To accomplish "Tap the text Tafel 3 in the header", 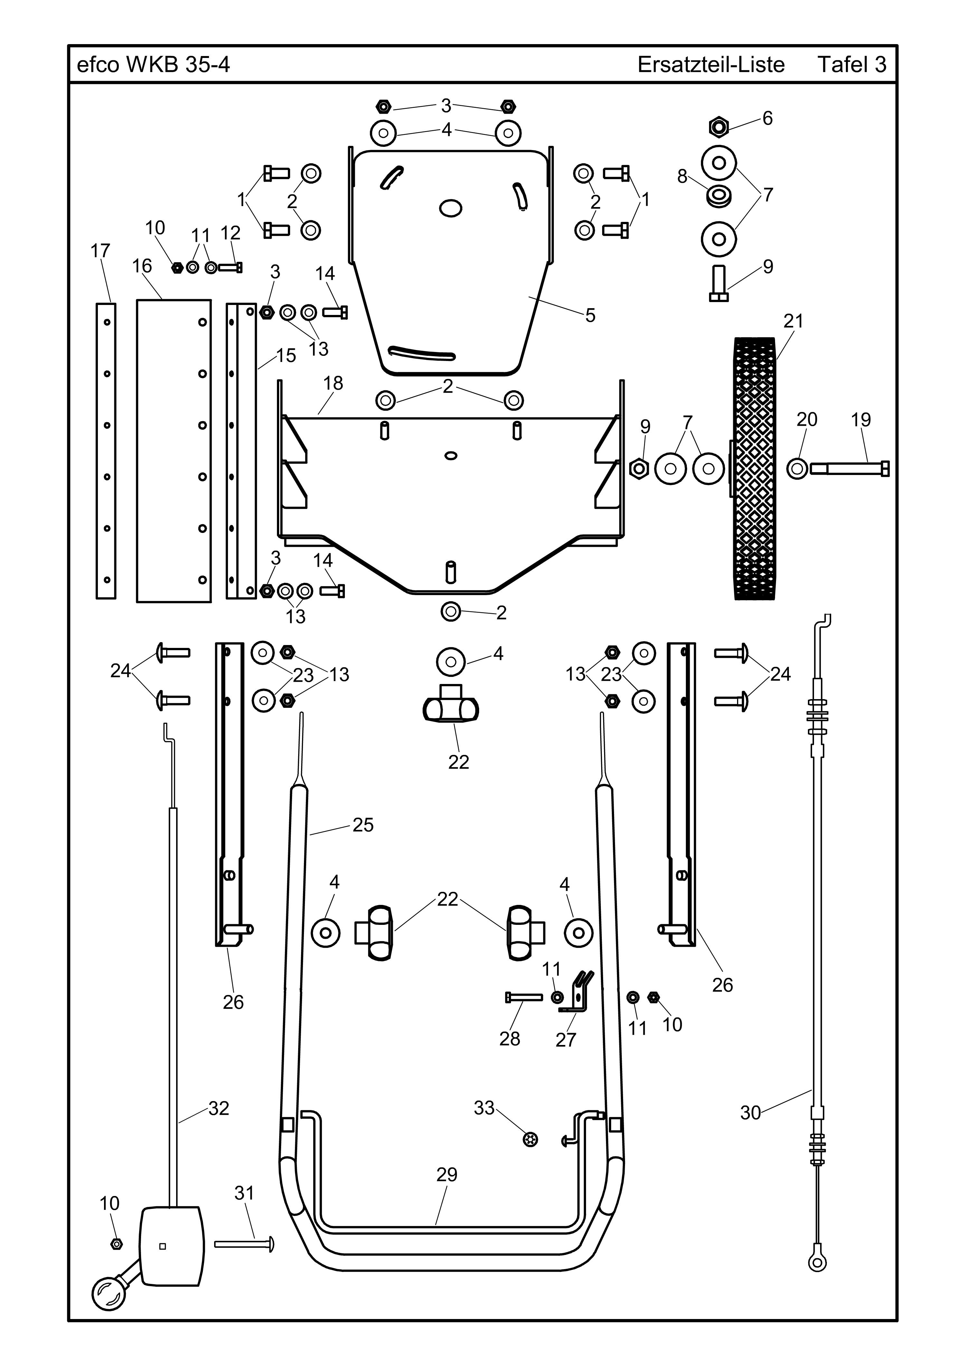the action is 852,64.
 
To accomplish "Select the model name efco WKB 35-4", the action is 154,64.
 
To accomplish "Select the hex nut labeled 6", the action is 719,126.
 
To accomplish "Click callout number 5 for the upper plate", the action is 590,316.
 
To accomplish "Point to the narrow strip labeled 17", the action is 106,451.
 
